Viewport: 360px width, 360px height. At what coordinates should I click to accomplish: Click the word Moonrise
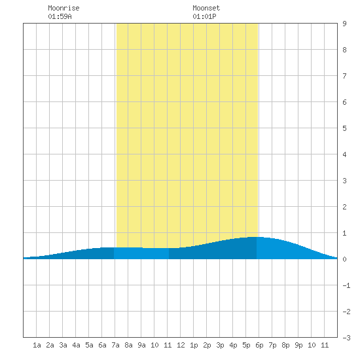tap(63, 8)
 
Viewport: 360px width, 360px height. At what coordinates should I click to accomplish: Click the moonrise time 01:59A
tap(60, 16)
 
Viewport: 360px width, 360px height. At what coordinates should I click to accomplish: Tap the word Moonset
tap(206, 8)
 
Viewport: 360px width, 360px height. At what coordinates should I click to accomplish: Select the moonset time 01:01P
tap(204, 16)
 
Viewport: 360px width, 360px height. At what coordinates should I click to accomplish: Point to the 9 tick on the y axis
tap(344, 24)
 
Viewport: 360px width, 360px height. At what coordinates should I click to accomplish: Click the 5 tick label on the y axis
tap(344, 128)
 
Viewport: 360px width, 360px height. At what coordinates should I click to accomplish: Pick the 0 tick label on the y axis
tap(344, 259)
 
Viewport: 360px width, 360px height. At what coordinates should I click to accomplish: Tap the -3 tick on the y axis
tap(346, 338)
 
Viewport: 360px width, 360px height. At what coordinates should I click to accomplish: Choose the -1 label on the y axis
tap(346, 285)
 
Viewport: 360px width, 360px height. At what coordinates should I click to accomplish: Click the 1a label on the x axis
tap(37, 345)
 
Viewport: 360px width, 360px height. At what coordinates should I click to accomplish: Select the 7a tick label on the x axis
tap(115, 345)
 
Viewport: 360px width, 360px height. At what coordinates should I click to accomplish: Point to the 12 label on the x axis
tap(181, 345)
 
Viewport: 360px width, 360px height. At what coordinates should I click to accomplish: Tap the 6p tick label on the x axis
tap(259, 345)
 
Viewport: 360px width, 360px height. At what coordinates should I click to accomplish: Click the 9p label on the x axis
tap(298, 345)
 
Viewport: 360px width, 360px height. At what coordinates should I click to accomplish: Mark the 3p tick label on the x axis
tap(220, 345)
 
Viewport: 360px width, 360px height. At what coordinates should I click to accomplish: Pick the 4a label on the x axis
tap(76, 345)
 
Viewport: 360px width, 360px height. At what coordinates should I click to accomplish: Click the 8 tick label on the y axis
tap(344, 50)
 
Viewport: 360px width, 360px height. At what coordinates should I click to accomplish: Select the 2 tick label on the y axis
tap(344, 207)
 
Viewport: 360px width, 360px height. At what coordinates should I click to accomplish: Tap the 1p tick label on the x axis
tap(194, 345)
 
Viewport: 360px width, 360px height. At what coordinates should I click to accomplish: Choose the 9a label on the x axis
tap(141, 345)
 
